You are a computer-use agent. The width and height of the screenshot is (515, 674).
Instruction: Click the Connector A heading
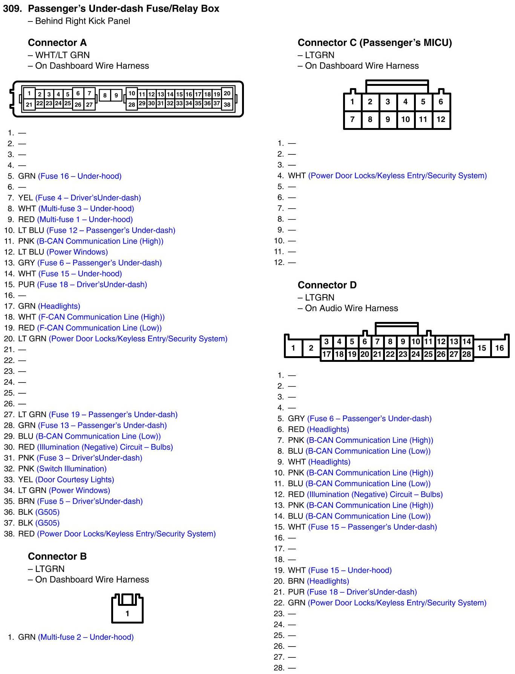coord(57,43)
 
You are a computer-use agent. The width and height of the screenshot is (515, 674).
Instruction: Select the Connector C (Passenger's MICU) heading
coord(374,43)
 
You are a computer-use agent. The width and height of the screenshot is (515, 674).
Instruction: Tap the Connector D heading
coord(327,285)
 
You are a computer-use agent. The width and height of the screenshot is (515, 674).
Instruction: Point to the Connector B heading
coord(57,556)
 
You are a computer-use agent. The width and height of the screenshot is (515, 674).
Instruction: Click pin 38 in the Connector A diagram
coord(227,105)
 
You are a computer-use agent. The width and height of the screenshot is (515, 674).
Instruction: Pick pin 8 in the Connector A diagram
coord(105,96)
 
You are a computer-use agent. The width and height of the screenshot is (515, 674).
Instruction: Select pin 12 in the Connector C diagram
coord(441,119)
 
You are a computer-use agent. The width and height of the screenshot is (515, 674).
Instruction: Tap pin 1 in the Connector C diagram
coord(352,102)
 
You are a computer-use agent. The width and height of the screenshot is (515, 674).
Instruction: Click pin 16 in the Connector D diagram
coord(499,348)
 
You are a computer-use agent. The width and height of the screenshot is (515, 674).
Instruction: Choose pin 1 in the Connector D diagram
coord(293,348)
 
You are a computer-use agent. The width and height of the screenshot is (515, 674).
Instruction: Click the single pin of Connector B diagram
coord(127,613)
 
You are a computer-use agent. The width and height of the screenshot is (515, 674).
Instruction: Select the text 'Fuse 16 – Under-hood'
coord(80,176)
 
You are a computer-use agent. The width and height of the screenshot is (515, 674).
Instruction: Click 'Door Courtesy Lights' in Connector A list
coord(75,480)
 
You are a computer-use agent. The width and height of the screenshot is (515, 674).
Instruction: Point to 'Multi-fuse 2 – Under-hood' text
coord(86,637)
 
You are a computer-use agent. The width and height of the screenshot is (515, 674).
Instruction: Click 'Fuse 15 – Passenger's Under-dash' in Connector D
coord(372,527)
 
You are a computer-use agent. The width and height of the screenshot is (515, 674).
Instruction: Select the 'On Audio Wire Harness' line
coord(351,308)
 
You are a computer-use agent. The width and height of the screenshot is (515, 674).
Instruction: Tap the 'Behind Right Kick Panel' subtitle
coord(82,21)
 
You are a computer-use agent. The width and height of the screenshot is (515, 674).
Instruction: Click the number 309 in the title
coord(12,9)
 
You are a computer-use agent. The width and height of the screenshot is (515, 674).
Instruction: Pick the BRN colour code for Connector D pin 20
coord(296,581)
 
